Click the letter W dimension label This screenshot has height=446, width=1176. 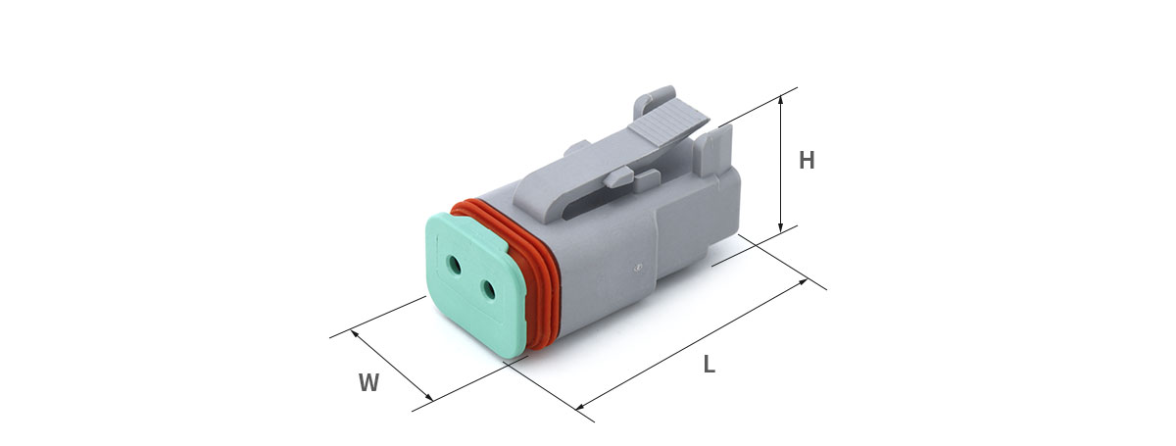point(368,382)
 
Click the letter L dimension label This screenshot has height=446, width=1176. point(710,364)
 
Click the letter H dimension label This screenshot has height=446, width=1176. point(807,160)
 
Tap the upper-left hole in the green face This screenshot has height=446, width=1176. point(454,265)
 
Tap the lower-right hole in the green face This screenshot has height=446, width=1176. point(489,289)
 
